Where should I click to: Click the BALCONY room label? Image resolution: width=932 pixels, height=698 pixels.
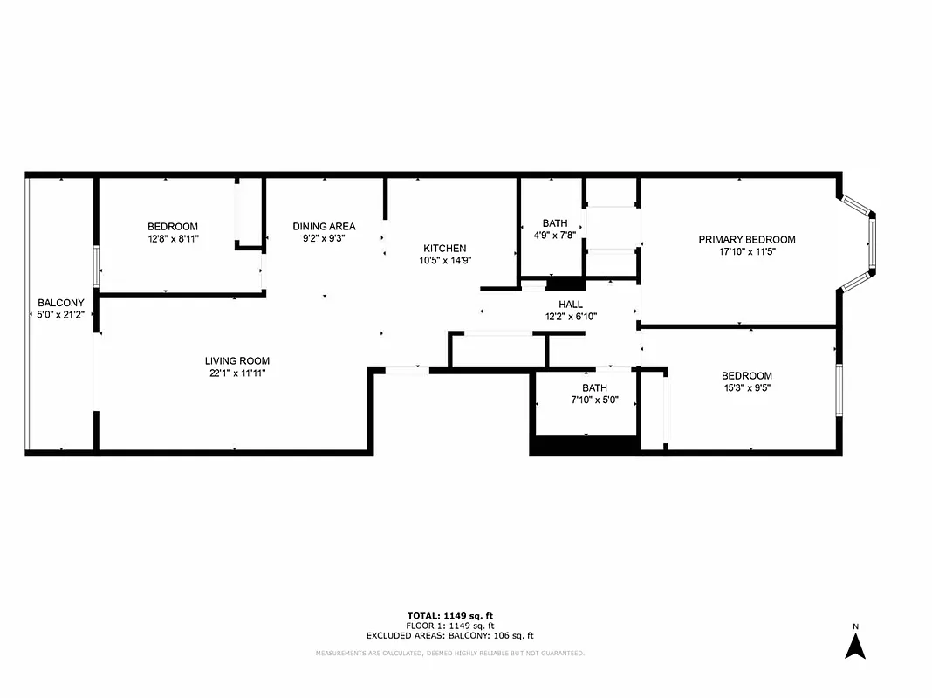pos(61,303)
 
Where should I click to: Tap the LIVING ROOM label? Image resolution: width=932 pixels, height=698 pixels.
pos(236,360)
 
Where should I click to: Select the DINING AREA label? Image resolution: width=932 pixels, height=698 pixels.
pos(324,226)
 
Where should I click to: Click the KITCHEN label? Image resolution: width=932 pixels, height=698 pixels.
pos(445,248)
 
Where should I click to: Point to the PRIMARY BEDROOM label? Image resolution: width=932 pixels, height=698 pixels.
pos(746,239)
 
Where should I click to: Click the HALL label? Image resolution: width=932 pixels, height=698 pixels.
pos(571,305)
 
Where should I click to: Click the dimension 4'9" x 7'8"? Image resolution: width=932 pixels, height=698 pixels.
pos(555,235)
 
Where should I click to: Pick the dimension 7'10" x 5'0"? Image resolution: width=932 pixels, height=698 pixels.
pos(594,400)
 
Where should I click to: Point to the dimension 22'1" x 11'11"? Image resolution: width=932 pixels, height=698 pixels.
pos(236,373)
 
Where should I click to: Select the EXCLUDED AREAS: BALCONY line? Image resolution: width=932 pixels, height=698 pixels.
pos(449,636)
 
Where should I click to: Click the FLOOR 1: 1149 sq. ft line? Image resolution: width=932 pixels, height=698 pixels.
pos(449,626)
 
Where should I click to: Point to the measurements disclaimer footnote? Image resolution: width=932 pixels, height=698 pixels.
pos(449,653)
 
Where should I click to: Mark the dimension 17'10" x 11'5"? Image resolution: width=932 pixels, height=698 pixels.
pos(746,251)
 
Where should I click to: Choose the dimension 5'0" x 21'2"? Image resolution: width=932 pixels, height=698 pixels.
pos(61,314)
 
